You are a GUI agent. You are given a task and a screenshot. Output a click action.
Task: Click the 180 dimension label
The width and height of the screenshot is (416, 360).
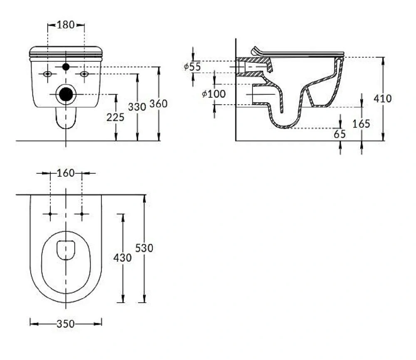point(66,25)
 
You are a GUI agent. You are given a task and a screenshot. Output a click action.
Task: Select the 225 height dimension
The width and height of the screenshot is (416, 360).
point(115,117)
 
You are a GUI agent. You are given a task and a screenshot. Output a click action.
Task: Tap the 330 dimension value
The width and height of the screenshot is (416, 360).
point(137,107)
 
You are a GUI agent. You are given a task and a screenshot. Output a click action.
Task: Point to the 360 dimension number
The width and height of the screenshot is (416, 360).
point(158,104)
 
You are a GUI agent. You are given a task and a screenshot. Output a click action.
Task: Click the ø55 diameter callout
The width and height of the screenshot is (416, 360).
point(192,67)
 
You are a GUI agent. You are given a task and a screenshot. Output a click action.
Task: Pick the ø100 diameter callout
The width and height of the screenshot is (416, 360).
point(213,94)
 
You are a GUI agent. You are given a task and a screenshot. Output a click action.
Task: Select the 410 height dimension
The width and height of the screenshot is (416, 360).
point(383,99)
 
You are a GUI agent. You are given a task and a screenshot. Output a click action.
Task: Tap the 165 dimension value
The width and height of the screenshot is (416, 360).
point(361,124)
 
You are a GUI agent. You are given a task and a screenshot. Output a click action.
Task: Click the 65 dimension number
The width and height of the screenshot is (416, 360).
point(339,134)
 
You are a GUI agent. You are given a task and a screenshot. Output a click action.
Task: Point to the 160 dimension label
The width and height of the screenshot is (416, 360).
point(66,173)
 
